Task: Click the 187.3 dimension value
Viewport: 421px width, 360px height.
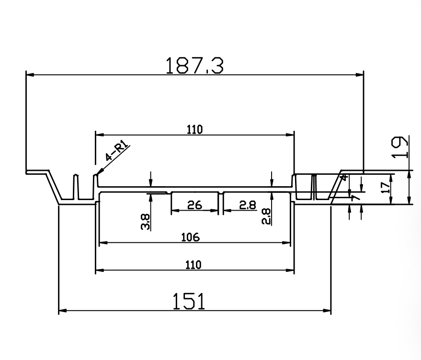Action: click(194, 66)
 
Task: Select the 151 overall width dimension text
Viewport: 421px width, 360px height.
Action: click(189, 302)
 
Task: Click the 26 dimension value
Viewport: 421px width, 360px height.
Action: click(194, 205)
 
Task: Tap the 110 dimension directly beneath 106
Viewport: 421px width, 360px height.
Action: click(194, 265)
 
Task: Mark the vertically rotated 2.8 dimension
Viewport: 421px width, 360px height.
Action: click(267, 217)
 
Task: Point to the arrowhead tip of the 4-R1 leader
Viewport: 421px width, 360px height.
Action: click(97, 174)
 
